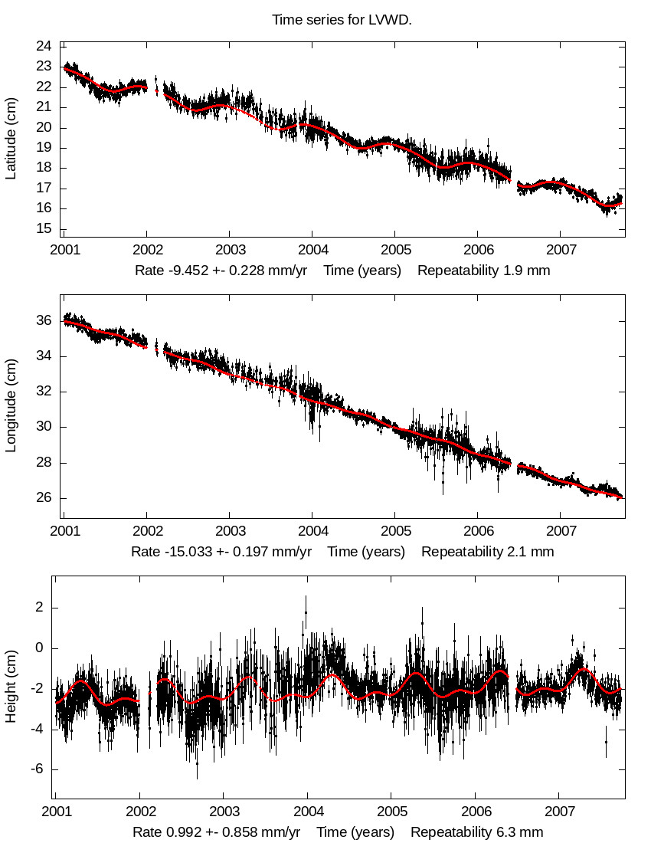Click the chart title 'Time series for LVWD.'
342,20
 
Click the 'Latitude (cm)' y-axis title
11,138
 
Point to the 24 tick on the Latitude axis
44,46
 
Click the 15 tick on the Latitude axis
44,228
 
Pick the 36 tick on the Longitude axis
44,320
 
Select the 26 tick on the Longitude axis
44,498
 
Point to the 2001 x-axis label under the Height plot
56,812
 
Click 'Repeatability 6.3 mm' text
476,832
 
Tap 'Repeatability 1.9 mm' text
483,271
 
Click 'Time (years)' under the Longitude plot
366,551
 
